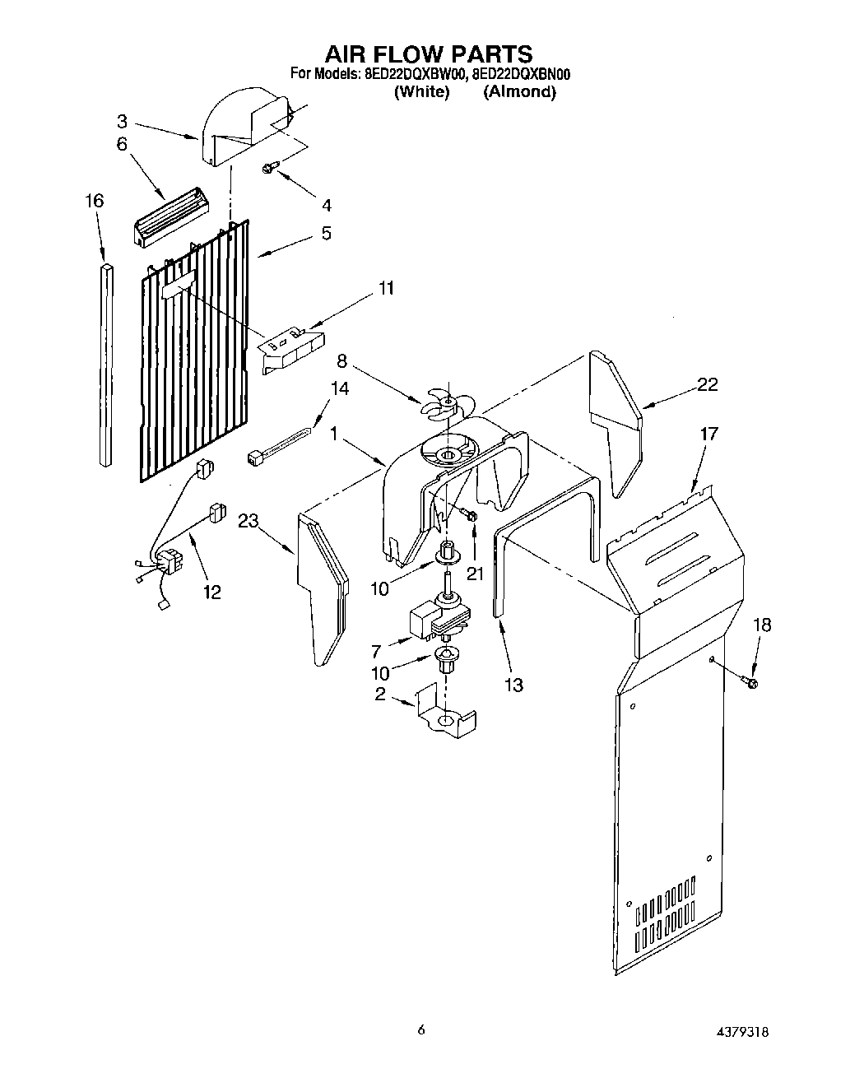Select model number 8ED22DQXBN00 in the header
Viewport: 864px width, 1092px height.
click(522, 75)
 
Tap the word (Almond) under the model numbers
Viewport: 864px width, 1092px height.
click(519, 92)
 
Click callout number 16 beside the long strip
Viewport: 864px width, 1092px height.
click(95, 202)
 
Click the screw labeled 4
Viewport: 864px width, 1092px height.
click(269, 169)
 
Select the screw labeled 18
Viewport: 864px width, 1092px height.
click(751, 681)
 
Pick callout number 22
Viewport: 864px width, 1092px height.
click(708, 384)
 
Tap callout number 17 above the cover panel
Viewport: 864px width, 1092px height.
click(709, 433)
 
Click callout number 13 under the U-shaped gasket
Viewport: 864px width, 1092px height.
click(513, 685)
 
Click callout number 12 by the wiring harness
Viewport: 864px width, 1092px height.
click(212, 592)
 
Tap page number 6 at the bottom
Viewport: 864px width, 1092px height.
click(421, 1029)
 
